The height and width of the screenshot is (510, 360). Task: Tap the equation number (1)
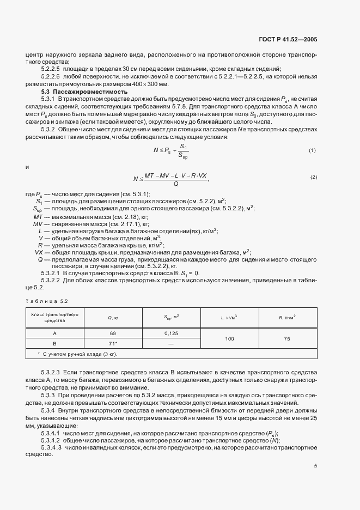click(x=313, y=150)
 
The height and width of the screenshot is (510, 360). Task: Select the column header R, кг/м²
click(x=286, y=318)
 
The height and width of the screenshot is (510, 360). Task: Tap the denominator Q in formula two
click(x=175, y=184)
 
